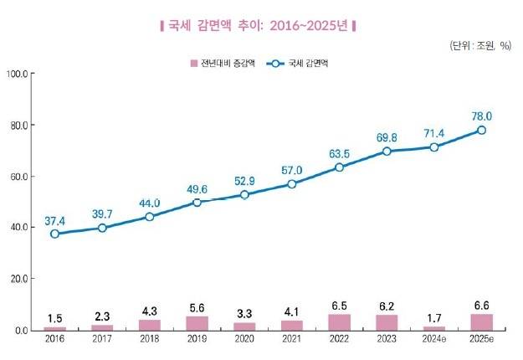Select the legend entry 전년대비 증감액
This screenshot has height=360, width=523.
[x=219, y=63]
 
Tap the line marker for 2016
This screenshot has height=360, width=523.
[x=55, y=234]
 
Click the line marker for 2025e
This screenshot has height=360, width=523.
[x=481, y=130]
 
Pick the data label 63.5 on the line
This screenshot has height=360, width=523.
[x=339, y=153]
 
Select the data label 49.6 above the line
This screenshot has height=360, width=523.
[x=197, y=188]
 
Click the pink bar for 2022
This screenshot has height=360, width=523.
[x=339, y=322]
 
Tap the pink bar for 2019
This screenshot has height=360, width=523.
[x=197, y=323]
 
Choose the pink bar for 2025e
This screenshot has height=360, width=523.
[x=481, y=321]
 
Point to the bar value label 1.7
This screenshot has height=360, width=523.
[x=434, y=317]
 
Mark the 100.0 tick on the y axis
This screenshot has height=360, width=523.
[x=18, y=75]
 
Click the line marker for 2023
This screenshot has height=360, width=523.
[x=387, y=151]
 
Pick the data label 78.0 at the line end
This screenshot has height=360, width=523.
[x=482, y=116]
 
